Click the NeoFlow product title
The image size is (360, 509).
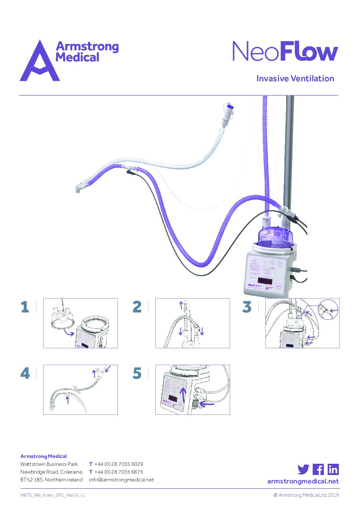tap(285, 52)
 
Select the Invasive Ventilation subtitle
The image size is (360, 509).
tap(295, 79)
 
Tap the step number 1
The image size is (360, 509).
tap(25, 307)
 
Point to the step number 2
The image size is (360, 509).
tap(137, 307)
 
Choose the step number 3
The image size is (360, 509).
tap(247, 307)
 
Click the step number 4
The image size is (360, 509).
tap(25, 373)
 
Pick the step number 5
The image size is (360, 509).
tap(137, 373)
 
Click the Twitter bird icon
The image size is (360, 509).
tap(303, 469)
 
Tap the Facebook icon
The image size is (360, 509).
tap(318, 469)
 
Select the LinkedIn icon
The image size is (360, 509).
tap(333, 469)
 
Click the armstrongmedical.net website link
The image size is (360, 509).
tap(303, 481)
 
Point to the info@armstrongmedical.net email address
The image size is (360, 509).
tap(121, 480)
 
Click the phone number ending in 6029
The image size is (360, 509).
tap(119, 464)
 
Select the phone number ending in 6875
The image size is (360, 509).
tap(119, 472)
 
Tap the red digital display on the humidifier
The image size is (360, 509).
tap(265, 281)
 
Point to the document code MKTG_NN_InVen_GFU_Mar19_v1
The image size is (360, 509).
tap(53, 495)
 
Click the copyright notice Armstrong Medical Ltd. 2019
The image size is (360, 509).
tap(306, 495)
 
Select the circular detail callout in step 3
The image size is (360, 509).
tap(328, 309)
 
